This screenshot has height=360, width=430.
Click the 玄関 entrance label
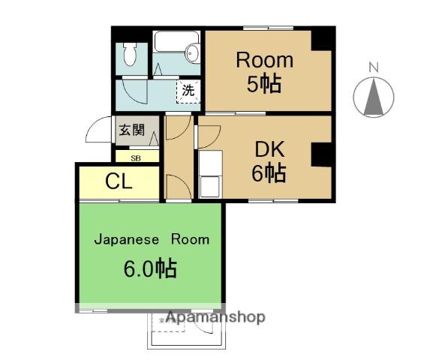pyautogui.click(x=131, y=129)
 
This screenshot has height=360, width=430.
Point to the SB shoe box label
pyautogui.click(x=136, y=158)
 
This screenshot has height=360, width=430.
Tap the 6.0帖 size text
pyautogui.click(x=150, y=268)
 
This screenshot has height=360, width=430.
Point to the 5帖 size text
pyautogui.click(x=263, y=85)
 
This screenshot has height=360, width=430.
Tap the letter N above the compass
pyautogui.click(x=373, y=68)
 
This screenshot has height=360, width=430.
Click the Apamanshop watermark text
pyautogui.click(x=215, y=317)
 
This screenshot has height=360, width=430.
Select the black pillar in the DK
pyautogui.click(x=320, y=156)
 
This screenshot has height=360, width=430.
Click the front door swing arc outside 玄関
pyautogui.click(x=98, y=131)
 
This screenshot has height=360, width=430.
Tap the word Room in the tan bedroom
pyautogui.click(x=265, y=60)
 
